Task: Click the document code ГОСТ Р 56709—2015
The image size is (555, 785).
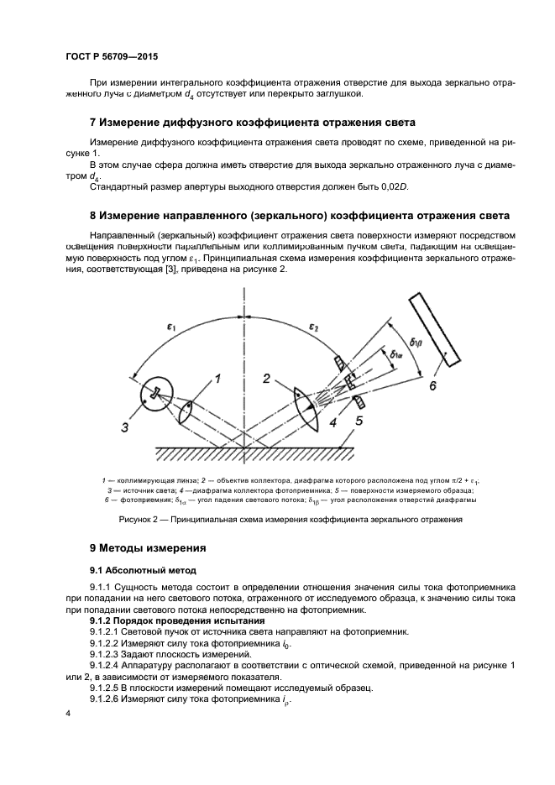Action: (x=111, y=56)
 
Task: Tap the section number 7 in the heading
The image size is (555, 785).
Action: (x=93, y=123)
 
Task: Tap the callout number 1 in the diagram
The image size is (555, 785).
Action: (x=217, y=379)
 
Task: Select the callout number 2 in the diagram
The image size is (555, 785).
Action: (x=265, y=379)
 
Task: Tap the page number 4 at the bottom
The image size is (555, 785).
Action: (x=69, y=712)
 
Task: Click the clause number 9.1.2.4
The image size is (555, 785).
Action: (x=108, y=665)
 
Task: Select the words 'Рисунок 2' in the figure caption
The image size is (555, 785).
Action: (x=142, y=520)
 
